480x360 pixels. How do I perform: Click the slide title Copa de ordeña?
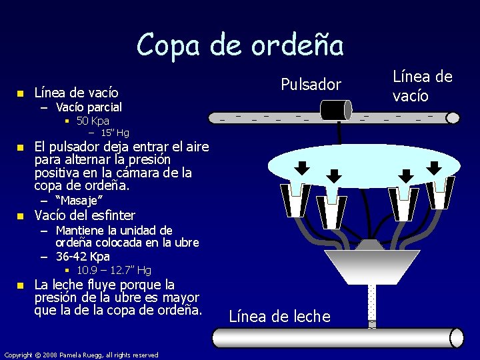[240, 45]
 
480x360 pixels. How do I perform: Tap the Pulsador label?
[311, 85]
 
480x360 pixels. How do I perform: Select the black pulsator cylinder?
[335, 110]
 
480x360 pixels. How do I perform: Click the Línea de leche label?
[279, 317]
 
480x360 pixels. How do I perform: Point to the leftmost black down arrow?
[302, 167]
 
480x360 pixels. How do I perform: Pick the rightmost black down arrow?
[433, 167]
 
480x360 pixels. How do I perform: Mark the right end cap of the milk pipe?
[457, 338]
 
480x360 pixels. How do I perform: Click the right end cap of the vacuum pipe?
[453, 118]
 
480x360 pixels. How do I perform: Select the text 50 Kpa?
[93, 121]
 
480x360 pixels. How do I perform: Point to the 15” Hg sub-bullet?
[113, 133]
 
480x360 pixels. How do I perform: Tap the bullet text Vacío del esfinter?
[85, 215]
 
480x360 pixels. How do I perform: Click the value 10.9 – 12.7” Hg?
[113, 270]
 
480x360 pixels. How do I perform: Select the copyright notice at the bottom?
[81, 355]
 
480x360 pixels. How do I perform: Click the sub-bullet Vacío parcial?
[89, 107]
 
